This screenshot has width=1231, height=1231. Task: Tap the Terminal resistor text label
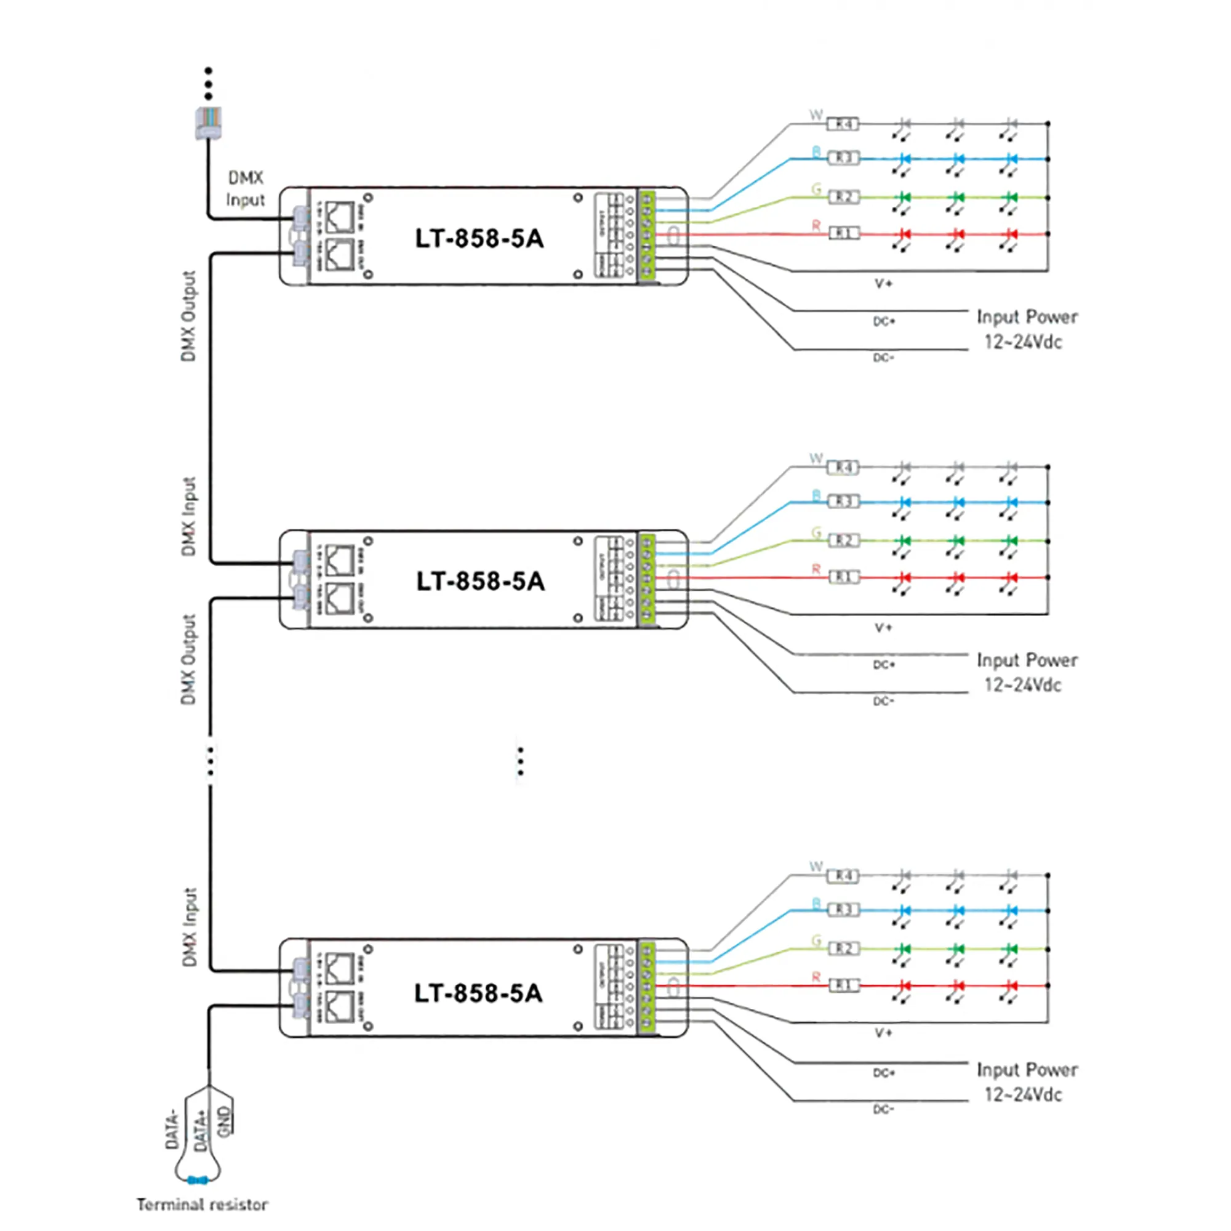[x=202, y=1205]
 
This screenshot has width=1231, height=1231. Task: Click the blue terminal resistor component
[x=198, y=1180]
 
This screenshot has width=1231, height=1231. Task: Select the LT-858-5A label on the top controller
[x=479, y=238]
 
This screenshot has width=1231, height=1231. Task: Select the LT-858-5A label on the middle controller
[x=481, y=581]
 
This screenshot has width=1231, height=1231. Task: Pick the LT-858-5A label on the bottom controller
[x=478, y=993]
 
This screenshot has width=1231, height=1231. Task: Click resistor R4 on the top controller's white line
[x=843, y=124]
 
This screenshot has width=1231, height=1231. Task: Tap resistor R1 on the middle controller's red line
[x=844, y=577]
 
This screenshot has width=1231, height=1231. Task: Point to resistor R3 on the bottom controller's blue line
[x=843, y=910]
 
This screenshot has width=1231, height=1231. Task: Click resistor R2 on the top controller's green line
[x=843, y=198]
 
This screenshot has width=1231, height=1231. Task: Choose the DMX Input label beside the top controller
[x=246, y=188]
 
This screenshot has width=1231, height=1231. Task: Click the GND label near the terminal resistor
[x=223, y=1121]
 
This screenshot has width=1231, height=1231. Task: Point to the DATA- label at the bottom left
[x=172, y=1129]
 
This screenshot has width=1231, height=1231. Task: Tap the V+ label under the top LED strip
[x=883, y=284]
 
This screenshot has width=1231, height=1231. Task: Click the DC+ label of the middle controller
[x=884, y=665]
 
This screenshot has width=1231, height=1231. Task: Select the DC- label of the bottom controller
[x=883, y=1109]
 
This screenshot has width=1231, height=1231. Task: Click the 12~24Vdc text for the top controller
[x=1022, y=342]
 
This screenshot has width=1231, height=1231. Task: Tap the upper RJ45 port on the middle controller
[x=339, y=561]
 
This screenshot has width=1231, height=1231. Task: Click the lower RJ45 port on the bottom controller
[x=339, y=1006]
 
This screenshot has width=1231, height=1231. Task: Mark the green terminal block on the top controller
[x=647, y=236]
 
